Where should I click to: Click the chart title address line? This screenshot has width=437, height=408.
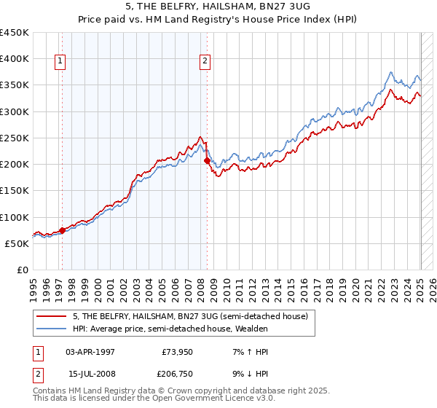(x=218, y=7)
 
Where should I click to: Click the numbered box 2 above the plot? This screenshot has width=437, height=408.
(x=205, y=61)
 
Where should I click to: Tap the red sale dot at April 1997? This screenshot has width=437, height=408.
(x=62, y=230)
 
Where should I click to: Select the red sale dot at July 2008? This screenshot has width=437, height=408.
(x=208, y=160)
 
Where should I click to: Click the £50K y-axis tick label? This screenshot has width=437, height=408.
(x=17, y=243)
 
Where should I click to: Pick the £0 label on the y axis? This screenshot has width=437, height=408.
(x=23, y=270)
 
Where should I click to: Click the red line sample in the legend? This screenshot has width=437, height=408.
(x=52, y=316)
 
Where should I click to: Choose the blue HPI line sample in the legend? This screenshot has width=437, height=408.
(x=52, y=328)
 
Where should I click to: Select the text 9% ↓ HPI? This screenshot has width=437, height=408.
(x=248, y=375)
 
